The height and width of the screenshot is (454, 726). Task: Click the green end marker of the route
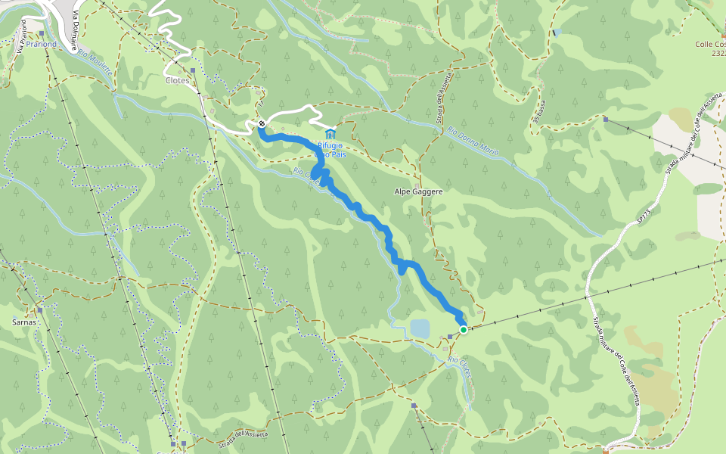click(x=463, y=329)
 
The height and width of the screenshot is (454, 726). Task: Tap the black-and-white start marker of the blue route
click(x=262, y=123)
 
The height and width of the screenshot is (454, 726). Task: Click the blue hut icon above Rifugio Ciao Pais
click(x=330, y=134)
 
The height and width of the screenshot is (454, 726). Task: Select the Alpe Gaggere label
click(x=418, y=192)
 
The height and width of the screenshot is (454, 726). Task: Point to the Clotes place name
click(x=177, y=80)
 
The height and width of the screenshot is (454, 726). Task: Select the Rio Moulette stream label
click(x=95, y=62)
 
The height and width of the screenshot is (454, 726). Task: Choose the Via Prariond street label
click(x=21, y=36)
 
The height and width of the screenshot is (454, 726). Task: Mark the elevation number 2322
click(x=719, y=54)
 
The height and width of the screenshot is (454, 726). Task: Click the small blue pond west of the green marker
click(x=420, y=328)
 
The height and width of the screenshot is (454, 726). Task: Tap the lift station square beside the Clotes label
click(x=194, y=71)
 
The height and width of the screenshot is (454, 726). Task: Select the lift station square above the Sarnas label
click(x=39, y=310)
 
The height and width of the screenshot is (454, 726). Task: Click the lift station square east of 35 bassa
click(x=606, y=119)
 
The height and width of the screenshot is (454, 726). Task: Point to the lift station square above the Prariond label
click(x=42, y=34)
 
